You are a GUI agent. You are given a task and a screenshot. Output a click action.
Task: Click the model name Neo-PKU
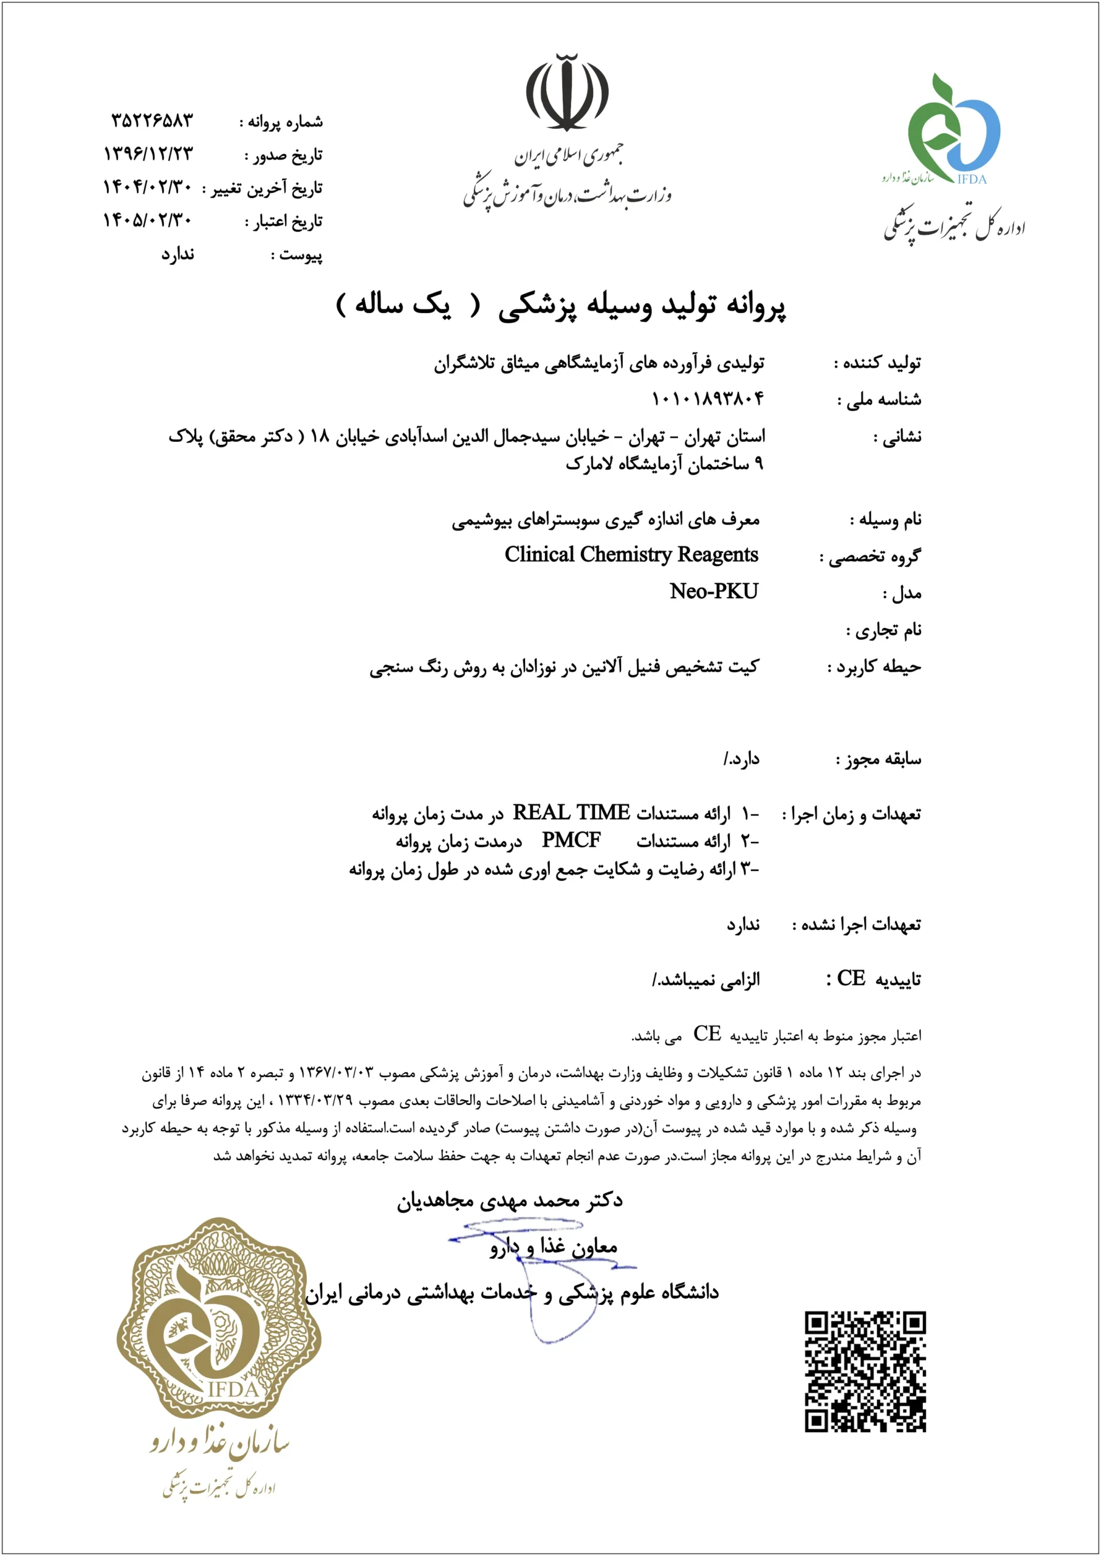tap(713, 591)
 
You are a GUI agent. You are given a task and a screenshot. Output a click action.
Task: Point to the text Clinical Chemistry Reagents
tap(631, 554)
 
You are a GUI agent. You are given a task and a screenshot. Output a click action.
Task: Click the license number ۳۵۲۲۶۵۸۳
tap(153, 121)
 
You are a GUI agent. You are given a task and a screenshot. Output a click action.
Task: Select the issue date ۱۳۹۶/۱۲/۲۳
tap(148, 154)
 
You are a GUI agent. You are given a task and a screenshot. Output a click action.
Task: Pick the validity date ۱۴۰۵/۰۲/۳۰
tap(147, 221)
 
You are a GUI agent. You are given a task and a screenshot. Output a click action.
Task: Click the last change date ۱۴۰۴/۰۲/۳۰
tap(147, 187)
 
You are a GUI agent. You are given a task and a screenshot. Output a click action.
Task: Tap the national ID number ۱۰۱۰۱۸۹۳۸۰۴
tap(707, 399)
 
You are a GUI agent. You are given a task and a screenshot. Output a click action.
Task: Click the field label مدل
tap(902, 594)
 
